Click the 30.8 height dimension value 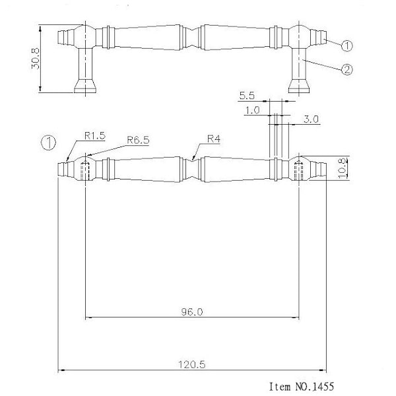(36, 58)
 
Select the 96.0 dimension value (192, 312)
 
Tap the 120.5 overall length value (192, 365)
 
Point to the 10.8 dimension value (342, 168)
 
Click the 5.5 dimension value (247, 96)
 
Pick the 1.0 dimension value (252, 110)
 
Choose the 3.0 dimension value (311, 119)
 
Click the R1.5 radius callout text (94, 136)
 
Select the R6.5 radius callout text (138, 140)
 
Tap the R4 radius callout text (214, 139)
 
